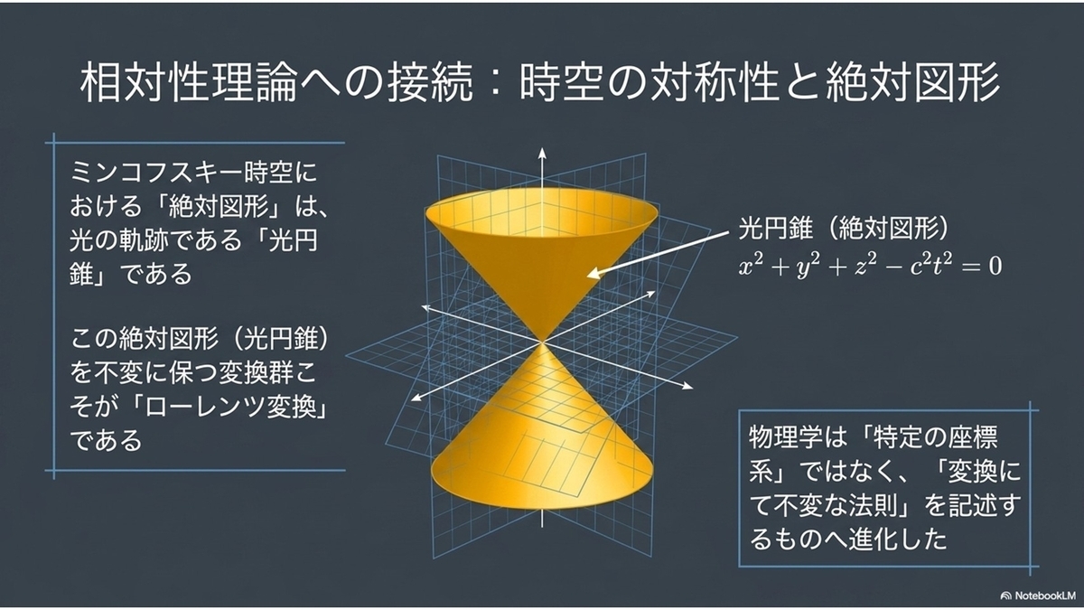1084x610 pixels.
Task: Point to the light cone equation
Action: pyautogui.click(x=870, y=267)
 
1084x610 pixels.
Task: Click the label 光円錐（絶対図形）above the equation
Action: pyautogui.click(x=843, y=228)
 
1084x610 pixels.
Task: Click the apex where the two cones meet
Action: pyautogui.click(x=542, y=342)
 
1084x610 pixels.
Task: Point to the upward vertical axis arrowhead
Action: pyautogui.click(x=542, y=153)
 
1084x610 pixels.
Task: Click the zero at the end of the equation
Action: pyautogui.click(x=995, y=267)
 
